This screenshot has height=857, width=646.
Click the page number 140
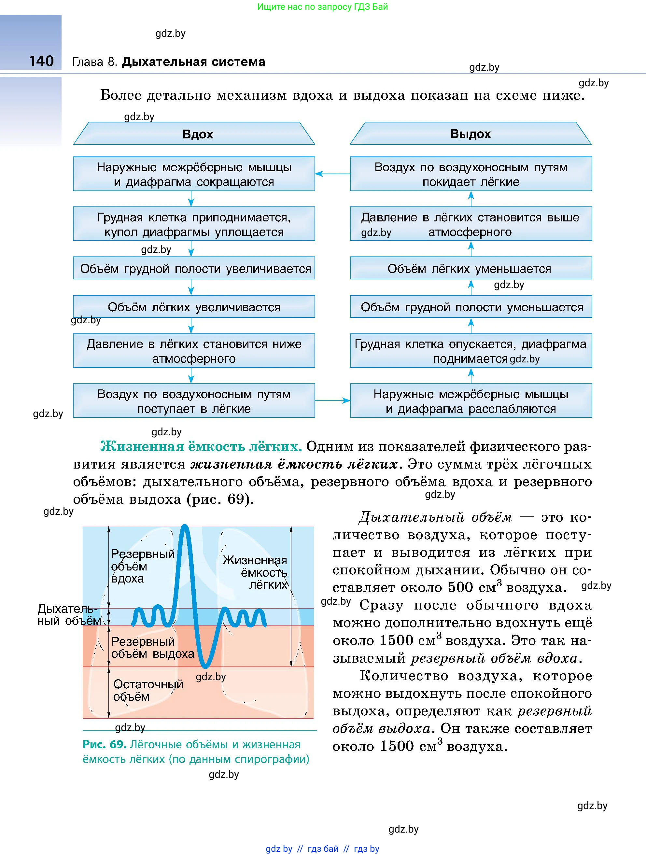41,61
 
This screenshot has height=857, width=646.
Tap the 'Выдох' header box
470,134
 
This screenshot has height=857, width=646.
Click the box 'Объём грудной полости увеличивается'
194,268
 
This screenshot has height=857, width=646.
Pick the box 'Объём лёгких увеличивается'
194,306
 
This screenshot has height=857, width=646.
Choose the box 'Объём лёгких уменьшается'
470,268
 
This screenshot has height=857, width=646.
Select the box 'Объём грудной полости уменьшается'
470,306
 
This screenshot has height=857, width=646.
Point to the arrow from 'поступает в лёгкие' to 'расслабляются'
332,400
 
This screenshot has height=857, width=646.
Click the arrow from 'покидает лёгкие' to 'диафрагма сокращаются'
332,174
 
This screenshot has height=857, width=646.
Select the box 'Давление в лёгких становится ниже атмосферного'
194,351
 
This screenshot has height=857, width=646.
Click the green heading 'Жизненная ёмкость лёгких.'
201,446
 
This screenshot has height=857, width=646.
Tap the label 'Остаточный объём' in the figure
147,690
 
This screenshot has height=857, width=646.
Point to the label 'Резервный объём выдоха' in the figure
152,647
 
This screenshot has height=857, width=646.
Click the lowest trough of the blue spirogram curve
206,665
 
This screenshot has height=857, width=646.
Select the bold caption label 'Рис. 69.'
104,744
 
